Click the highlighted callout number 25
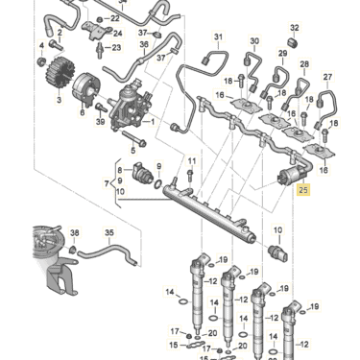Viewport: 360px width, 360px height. click(x=304, y=191)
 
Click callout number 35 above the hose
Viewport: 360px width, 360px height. click(x=108, y=233)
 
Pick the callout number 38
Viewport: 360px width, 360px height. click(x=75, y=233)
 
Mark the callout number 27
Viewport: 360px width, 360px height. click(x=327, y=76)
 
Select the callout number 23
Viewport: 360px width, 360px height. click(x=116, y=47)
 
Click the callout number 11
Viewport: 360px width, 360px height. click(x=191, y=160)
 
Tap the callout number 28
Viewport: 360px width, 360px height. click(x=304, y=65)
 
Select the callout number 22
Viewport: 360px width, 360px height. click(x=116, y=17)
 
